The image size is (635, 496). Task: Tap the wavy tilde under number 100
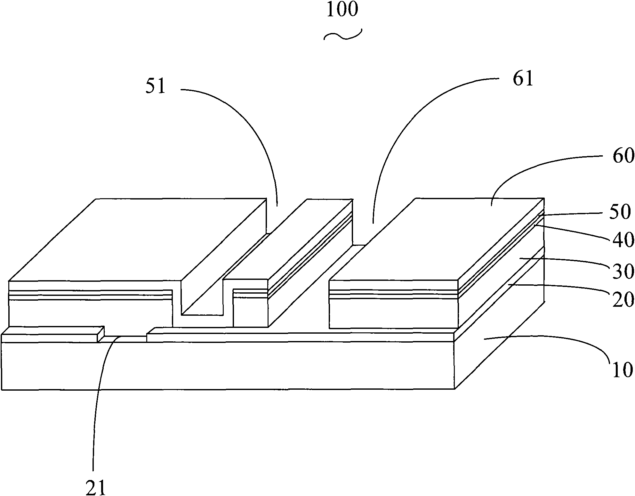click(343, 36)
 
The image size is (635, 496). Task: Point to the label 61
click(523, 78)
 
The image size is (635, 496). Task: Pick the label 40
click(623, 240)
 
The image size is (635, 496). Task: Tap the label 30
click(623, 272)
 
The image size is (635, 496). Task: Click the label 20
click(623, 300)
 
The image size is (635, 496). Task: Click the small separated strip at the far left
click(53, 334)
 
